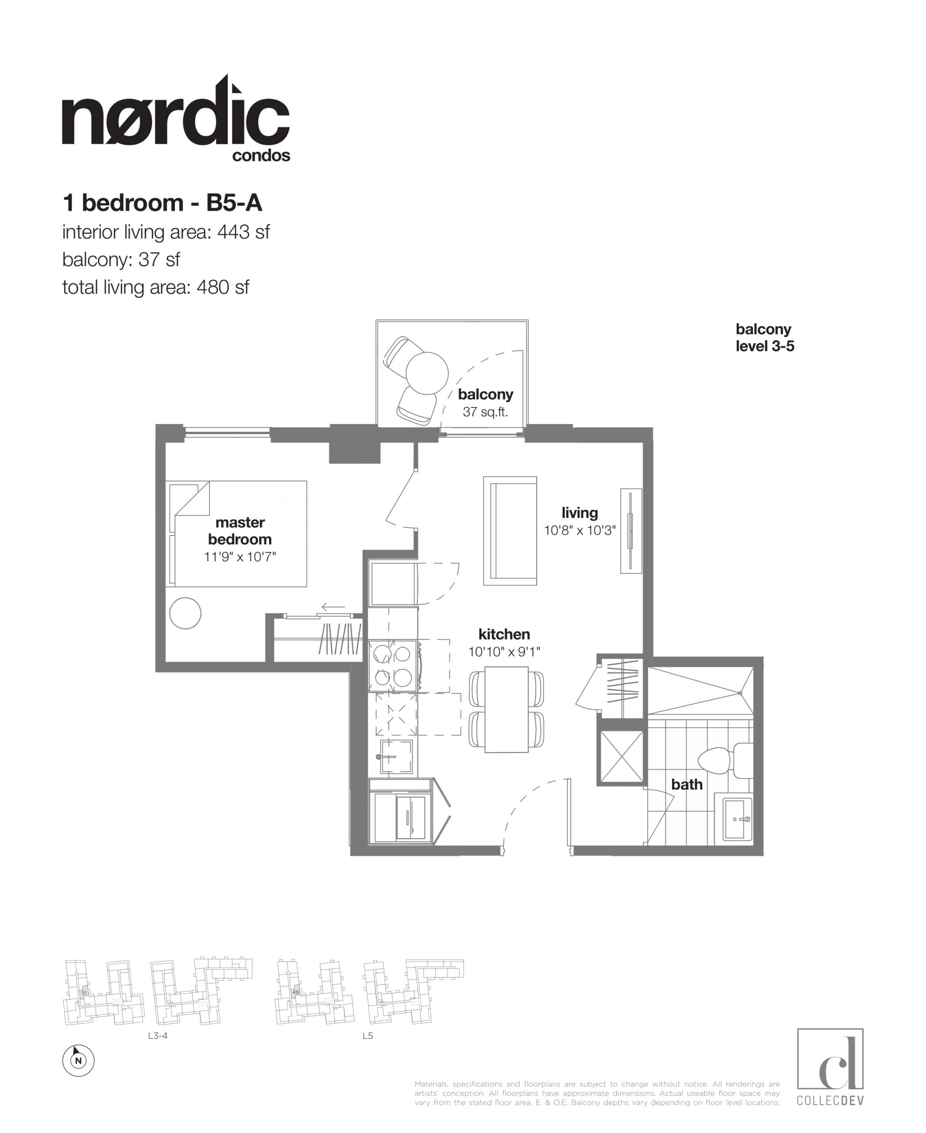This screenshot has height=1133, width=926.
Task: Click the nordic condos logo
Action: coord(176,120)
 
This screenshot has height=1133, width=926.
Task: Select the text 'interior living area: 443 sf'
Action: coord(166,232)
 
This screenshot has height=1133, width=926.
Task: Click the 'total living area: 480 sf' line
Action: coord(155,288)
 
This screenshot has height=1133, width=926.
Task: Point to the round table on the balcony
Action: coord(427,373)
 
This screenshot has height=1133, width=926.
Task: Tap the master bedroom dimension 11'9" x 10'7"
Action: coord(239,557)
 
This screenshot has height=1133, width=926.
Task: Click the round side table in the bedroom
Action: coord(185,613)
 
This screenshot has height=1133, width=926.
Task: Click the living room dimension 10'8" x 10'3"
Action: coord(580,531)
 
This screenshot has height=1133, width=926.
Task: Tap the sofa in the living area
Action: coord(510,531)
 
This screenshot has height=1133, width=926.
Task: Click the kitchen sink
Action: coord(396,756)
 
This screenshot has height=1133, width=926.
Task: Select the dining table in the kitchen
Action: coord(506,709)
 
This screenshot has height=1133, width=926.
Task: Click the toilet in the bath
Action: coord(720,760)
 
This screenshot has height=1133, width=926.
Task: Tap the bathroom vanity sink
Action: coord(738,818)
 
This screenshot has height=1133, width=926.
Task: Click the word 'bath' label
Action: coord(687,784)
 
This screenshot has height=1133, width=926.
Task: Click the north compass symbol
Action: coord(78,1060)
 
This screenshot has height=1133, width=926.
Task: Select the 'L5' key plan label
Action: coord(367,1036)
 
